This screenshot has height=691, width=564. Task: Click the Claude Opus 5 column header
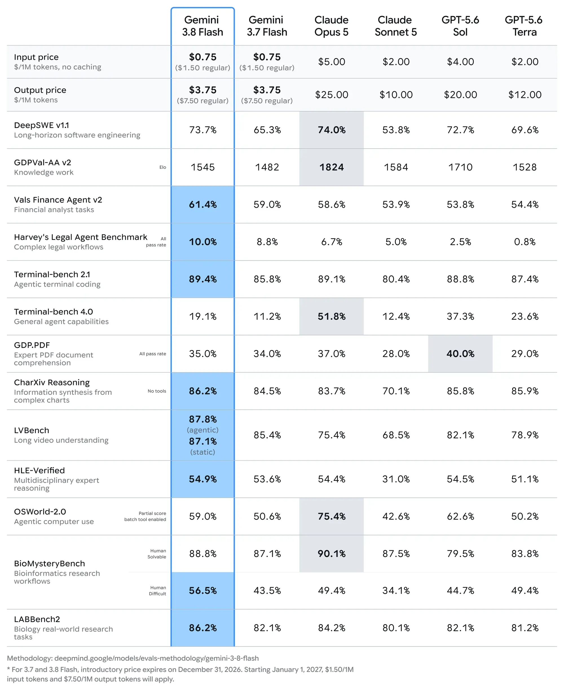tap(331, 26)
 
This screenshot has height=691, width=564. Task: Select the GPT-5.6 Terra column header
tap(524, 26)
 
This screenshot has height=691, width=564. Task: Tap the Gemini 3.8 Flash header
tap(202, 26)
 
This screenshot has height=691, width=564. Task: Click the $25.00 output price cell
tap(331, 94)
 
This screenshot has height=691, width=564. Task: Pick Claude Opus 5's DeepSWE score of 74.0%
tap(331, 130)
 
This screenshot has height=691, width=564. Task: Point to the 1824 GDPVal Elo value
tap(331, 167)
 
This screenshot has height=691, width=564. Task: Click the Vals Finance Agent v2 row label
tap(58, 200)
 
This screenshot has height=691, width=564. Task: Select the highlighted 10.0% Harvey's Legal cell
tap(203, 242)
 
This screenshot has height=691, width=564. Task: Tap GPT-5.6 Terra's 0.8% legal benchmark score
tap(525, 242)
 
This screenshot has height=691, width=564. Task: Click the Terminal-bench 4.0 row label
tap(53, 312)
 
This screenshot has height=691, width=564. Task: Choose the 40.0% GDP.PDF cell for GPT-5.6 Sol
tap(460, 353)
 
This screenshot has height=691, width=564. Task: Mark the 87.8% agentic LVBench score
tap(203, 419)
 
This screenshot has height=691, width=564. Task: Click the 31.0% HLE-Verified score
tap(396, 479)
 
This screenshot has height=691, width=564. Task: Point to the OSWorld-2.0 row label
tap(40, 512)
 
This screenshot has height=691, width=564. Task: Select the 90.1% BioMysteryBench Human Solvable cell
tap(331, 554)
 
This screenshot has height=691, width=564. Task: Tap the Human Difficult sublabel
tap(158, 591)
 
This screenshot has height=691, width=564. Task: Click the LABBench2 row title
tap(37, 619)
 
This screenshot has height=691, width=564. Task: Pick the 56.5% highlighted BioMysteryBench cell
tap(203, 590)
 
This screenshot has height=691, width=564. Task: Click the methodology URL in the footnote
tap(156, 658)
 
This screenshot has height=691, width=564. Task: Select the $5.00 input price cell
tap(331, 62)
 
